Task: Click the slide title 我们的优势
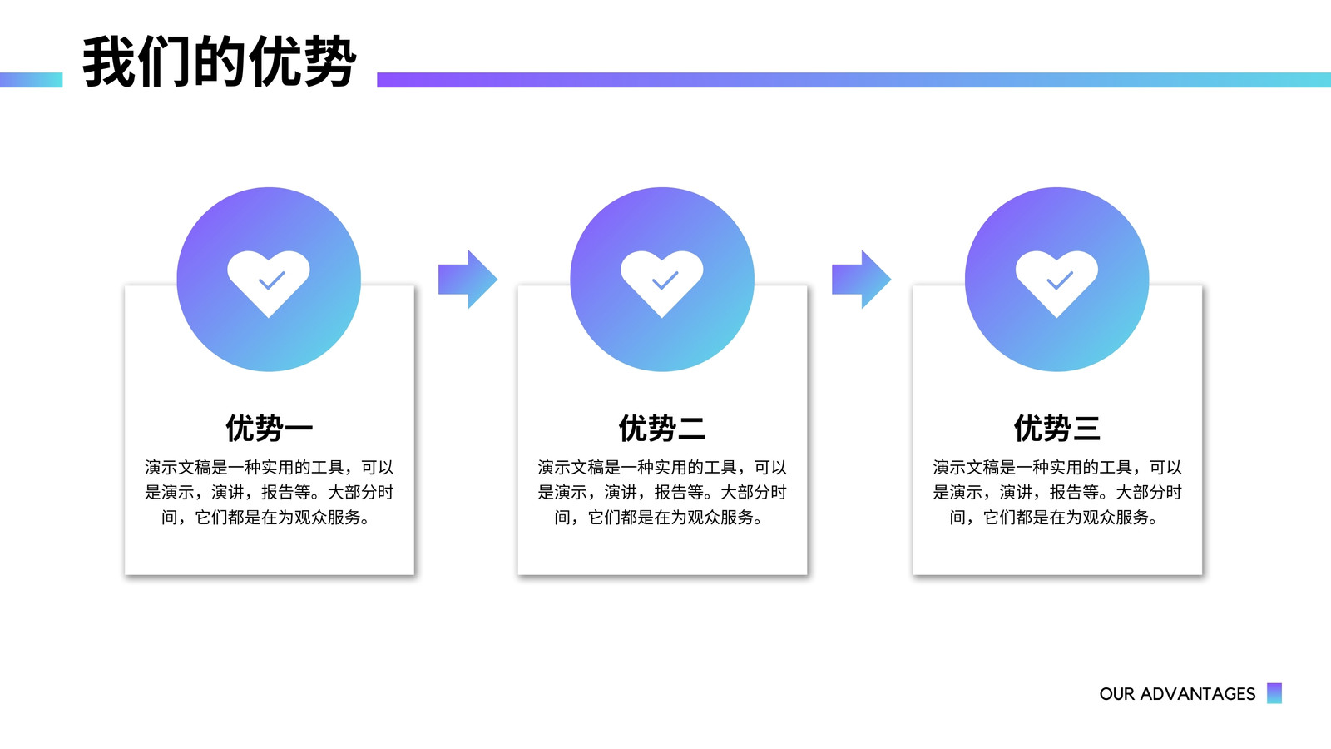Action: point(220,62)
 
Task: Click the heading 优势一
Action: point(270,428)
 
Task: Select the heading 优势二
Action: point(662,428)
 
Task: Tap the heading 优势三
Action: point(1057,428)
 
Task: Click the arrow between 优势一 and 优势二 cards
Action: point(468,280)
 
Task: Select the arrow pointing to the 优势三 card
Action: point(861,280)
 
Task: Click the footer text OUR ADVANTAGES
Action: point(1177,694)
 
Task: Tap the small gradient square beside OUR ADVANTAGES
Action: point(1274,693)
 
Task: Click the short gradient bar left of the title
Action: point(31,80)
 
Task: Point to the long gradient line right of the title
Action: point(854,80)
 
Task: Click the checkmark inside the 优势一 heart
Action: point(271,280)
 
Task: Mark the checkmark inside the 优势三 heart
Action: point(1060,280)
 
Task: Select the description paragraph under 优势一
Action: point(270,492)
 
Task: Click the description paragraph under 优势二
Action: point(662,492)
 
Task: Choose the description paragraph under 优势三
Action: point(1057,492)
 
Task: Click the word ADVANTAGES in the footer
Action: point(1197,694)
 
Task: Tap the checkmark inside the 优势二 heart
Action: point(665,280)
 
